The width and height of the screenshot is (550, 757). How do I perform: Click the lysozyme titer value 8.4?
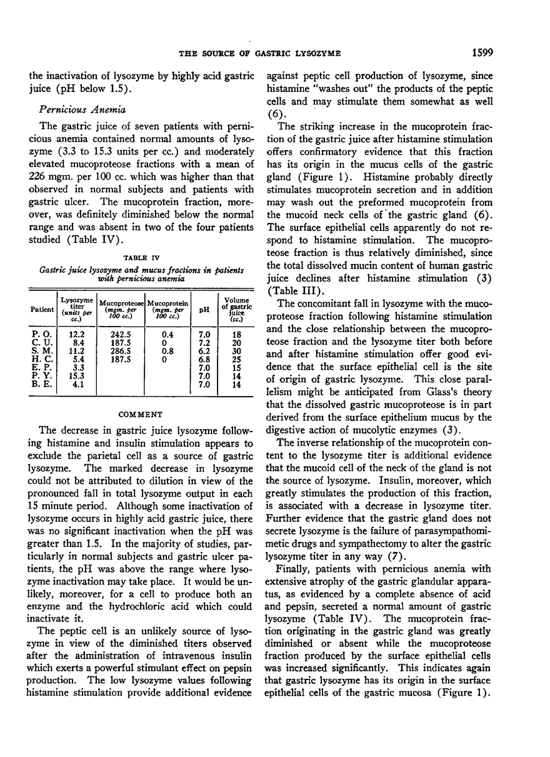(x=76, y=343)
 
